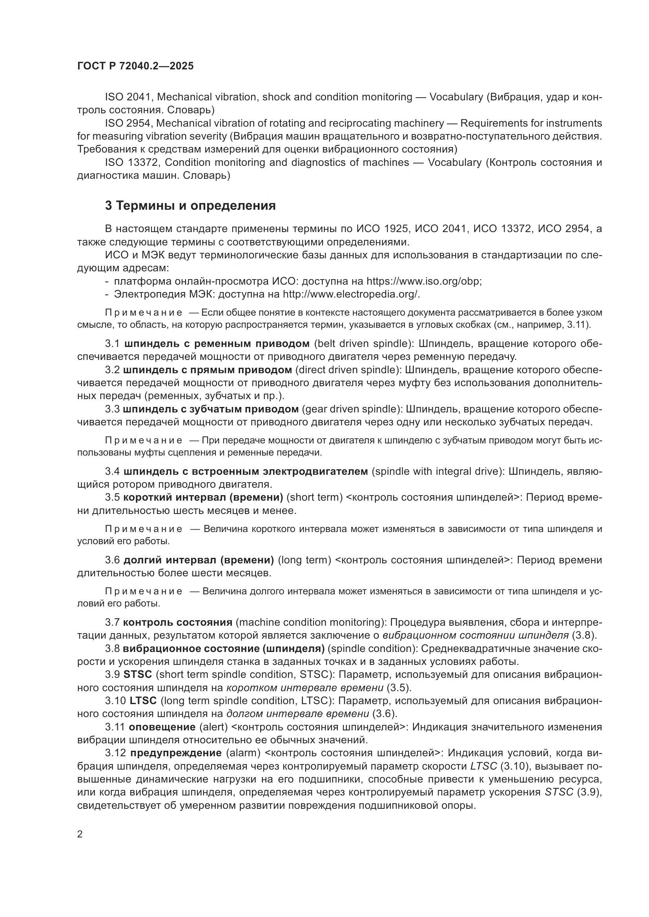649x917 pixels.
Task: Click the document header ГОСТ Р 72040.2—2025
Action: (x=135, y=66)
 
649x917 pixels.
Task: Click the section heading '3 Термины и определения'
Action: (x=190, y=206)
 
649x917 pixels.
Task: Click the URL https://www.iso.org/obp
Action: (x=424, y=281)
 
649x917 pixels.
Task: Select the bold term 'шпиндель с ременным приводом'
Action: (x=217, y=343)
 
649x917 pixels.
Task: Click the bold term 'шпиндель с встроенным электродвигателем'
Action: (x=245, y=471)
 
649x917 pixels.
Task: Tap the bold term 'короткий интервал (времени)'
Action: (x=203, y=497)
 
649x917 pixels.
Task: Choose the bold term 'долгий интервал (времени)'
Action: (x=199, y=560)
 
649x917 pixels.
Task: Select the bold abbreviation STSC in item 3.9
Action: (x=137, y=675)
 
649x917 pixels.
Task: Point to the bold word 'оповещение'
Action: (x=162, y=727)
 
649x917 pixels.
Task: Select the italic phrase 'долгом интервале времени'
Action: (x=297, y=714)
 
